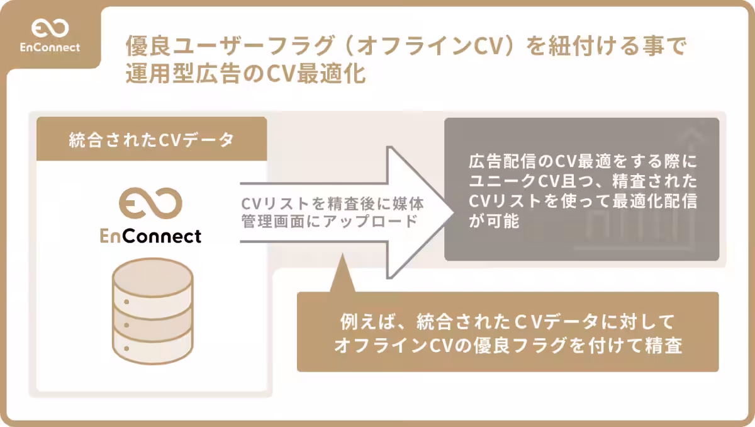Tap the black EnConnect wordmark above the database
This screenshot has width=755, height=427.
[151, 236]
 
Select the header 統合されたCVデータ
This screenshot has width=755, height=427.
[151, 140]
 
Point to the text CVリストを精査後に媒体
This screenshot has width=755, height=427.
[332, 205]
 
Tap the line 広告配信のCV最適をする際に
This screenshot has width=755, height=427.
[583, 162]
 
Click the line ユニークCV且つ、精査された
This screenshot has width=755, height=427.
[583, 182]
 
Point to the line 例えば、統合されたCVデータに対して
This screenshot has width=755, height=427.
[507, 322]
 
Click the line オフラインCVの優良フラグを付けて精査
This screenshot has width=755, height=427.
[508, 345]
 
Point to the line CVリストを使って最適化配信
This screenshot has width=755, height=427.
[583, 202]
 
